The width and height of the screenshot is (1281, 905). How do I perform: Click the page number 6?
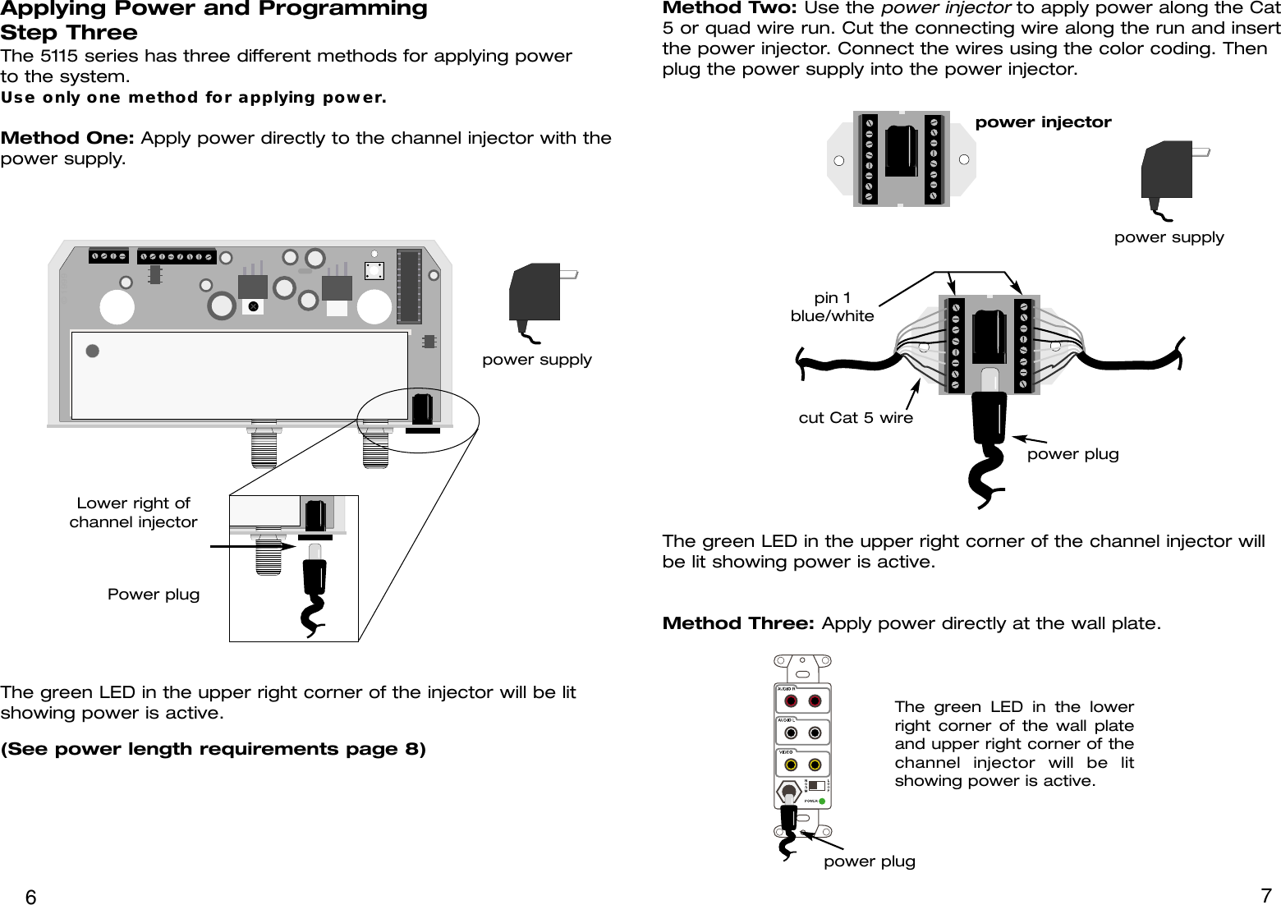point(30,896)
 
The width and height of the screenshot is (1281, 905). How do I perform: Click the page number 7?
point(1265,894)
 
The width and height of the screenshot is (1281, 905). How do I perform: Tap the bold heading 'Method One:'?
point(69,137)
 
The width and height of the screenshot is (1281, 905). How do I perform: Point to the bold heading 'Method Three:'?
point(738,623)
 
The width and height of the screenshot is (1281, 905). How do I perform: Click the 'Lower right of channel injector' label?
point(133,512)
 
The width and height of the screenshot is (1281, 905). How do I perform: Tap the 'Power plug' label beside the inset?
point(154,594)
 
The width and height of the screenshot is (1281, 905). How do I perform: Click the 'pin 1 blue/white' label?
point(832,306)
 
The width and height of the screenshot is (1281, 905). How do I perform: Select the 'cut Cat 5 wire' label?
point(855,418)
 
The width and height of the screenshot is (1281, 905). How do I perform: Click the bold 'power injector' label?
point(1043,122)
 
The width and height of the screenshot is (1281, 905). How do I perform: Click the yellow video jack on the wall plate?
point(791,764)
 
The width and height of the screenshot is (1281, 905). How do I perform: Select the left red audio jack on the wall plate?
point(791,701)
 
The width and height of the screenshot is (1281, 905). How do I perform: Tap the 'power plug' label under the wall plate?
point(869,861)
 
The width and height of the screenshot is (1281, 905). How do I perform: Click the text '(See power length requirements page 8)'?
point(213,750)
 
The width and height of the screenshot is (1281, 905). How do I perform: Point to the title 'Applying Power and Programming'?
point(213,9)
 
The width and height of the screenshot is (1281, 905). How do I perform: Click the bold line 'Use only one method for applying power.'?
point(194,99)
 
